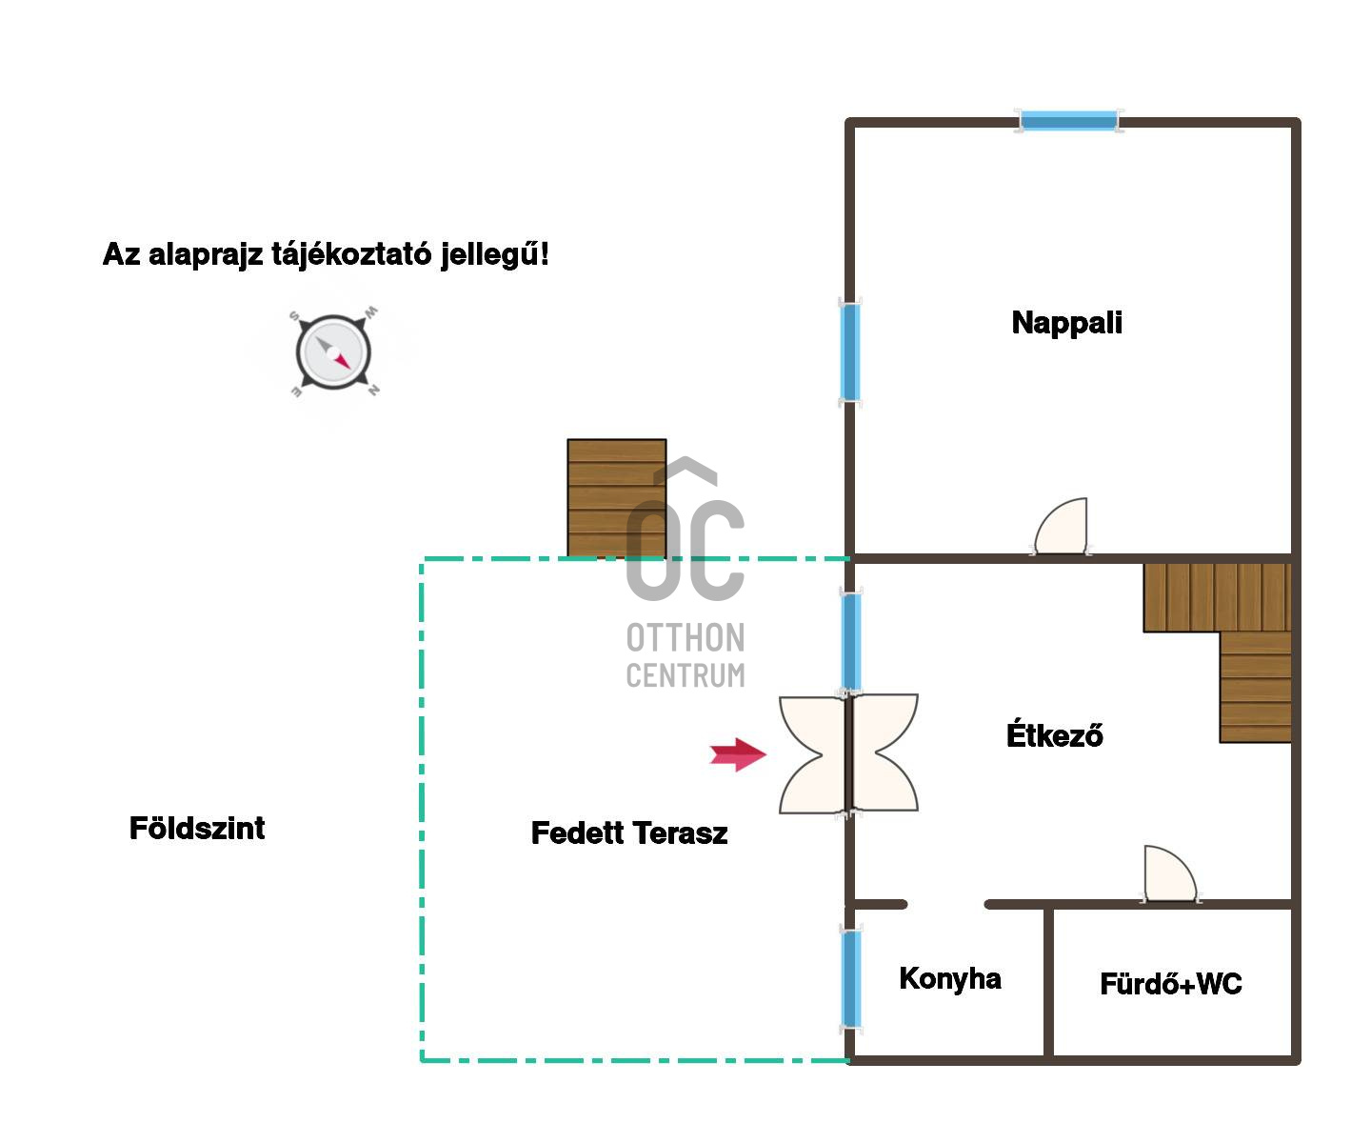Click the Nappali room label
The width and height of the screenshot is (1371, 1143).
pyautogui.click(x=1066, y=323)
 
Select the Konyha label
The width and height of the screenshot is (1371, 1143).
pyautogui.click(x=950, y=979)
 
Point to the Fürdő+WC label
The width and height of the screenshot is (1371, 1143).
pyautogui.click(x=1171, y=983)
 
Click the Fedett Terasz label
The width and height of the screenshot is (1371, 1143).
pyautogui.click(x=629, y=832)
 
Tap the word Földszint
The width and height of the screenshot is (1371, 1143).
pyautogui.click(x=197, y=828)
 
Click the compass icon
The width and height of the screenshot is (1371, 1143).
pyautogui.click(x=333, y=352)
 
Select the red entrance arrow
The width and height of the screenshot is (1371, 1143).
pyautogui.click(x=738, y=754)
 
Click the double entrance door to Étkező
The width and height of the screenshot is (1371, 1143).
pyautogui.click(x=848, y=753)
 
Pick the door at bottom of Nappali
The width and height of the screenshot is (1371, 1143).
pyautogui.click(x=1061, y=527)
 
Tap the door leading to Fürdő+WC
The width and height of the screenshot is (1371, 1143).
pyautogui.click(x=1170, y=873)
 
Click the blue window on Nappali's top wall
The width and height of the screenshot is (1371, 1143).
pyautogui.click(x=1069, y=121)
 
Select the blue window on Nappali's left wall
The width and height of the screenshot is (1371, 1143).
pyautogui.click(x=850, y=352)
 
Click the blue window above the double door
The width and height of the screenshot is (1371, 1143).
pyautogui.click(x=851, y=642)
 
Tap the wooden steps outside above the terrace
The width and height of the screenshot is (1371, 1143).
pyautogui.click(x=617, y=498)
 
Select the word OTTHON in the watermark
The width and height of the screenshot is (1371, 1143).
pyautogui.click(x=685, y=638)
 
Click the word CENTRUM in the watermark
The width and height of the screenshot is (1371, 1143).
pyautogui.click(x=685, y=675)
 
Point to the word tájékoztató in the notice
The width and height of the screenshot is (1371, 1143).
pyautogui.click(x=351, y=255)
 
